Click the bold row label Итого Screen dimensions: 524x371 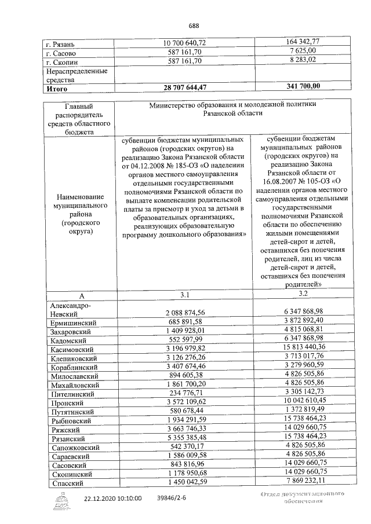(x=57, y=88)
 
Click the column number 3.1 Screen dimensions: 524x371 (x=184, y=295)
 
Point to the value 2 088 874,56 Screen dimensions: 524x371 (x=185, y=312)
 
